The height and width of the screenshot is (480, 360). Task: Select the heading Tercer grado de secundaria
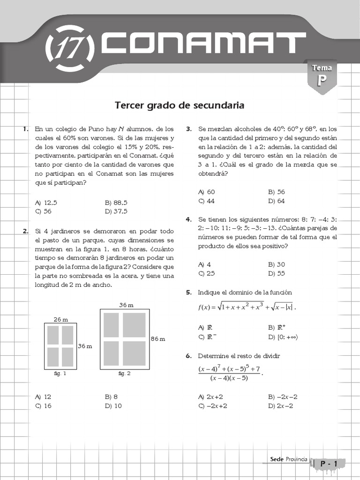click(180, 105)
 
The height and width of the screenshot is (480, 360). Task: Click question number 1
click(26, 129)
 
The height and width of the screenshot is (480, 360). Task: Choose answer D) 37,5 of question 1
click(116, 211)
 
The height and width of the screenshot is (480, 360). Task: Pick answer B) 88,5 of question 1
click(116, 202)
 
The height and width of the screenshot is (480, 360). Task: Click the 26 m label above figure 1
click(60, 319)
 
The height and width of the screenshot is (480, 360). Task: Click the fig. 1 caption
click(60, 374)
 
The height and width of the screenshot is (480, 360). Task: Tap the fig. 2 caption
click(124, 374)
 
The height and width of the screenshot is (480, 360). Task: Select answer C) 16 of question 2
click(43, 406)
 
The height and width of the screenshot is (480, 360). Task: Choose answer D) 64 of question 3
click(276, 201)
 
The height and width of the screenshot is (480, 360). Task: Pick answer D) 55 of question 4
click(276, 273)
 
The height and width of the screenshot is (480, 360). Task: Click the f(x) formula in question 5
click(247, 307)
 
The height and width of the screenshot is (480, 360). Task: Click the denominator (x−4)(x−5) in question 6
click(229, 378)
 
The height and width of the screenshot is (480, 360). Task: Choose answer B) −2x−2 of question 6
click(283, 397)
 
